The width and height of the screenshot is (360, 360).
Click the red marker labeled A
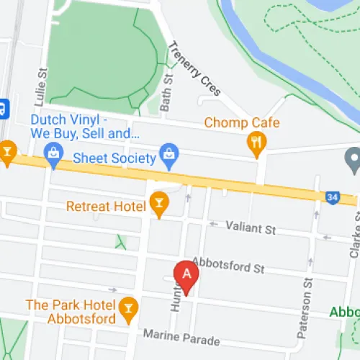187,276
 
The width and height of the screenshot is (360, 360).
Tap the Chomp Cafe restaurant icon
256,142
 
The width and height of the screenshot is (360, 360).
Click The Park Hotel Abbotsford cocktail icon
129,307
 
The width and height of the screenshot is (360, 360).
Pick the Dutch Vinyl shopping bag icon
53,153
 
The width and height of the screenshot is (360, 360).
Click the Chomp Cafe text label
241,122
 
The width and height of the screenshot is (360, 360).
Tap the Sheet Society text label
114,158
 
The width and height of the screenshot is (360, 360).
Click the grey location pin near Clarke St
353,159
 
